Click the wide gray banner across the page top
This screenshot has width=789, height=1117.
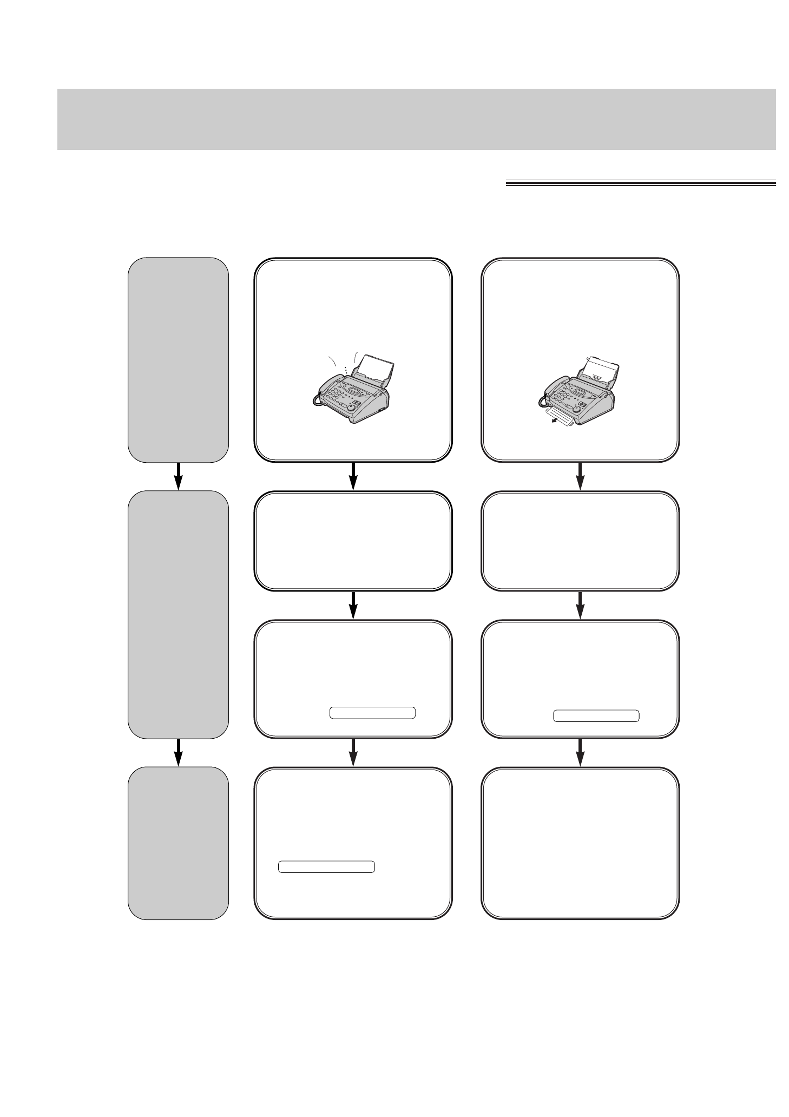[416, 119]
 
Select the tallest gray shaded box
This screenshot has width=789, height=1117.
[178, 614]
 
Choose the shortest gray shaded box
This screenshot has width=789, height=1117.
[178, 843]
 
